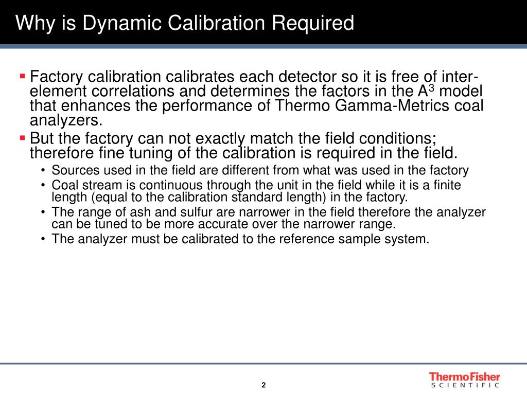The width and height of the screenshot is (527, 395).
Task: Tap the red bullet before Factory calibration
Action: pos(22,76)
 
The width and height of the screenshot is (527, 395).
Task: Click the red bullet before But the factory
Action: pos(22,137)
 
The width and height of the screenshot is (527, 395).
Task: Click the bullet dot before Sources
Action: pos(45,171)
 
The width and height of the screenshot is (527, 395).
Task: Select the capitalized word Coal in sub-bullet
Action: pos(63,185)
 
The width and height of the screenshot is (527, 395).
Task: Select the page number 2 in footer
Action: pos(263,385)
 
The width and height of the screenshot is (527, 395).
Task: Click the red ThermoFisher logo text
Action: pos(465,377)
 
